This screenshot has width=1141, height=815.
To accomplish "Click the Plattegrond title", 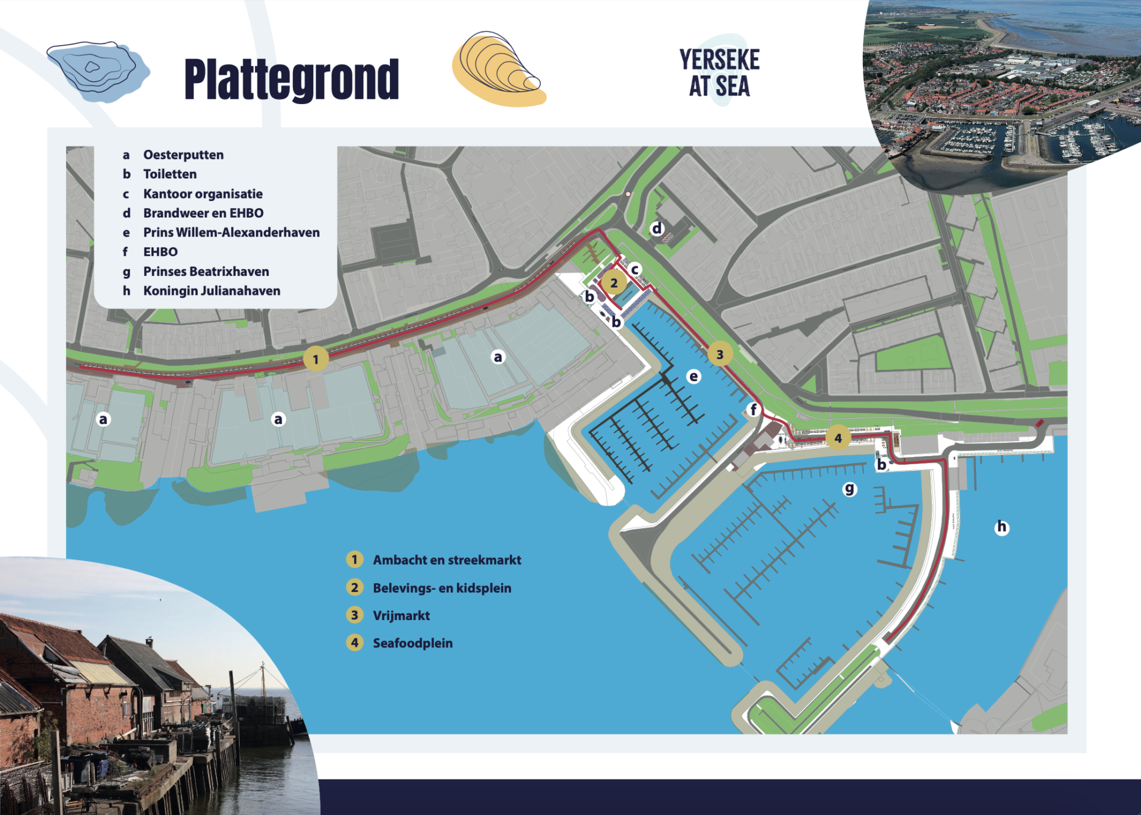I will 291,80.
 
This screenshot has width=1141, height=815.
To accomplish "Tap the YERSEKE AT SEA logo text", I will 720,73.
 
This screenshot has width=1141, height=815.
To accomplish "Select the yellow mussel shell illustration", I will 498,70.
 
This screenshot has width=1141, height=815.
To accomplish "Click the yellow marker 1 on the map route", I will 316,359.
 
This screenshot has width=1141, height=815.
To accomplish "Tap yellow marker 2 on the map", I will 614,283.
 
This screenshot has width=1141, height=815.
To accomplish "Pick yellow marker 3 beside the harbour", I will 720,354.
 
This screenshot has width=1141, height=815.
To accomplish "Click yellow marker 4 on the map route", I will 838,438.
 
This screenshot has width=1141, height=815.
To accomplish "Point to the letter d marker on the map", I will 657,228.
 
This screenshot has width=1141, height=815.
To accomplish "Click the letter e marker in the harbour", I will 694,376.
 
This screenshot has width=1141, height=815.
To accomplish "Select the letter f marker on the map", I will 754,409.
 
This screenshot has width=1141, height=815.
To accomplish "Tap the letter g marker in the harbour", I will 850,489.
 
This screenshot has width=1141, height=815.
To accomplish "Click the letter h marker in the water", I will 1002,527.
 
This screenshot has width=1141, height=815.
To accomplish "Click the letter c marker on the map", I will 635,269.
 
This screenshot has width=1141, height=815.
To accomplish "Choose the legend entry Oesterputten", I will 183,155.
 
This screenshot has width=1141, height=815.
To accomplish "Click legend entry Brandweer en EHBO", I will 203,213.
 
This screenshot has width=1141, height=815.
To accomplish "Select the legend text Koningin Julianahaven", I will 211,291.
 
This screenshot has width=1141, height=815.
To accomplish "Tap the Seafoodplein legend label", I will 412,643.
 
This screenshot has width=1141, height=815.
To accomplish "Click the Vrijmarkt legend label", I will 401,615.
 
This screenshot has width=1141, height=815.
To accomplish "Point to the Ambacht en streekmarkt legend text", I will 446,560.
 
